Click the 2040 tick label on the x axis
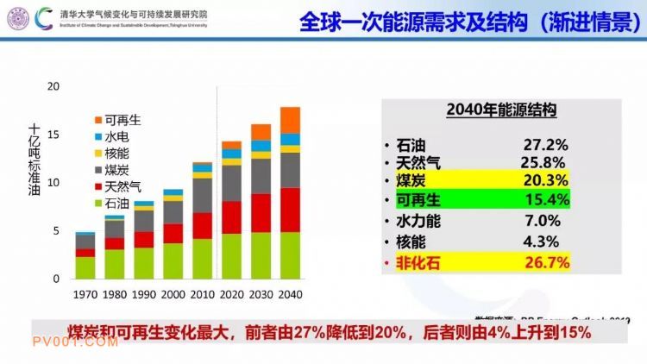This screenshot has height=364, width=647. point(290,295)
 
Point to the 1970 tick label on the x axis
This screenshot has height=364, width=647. point(85,295)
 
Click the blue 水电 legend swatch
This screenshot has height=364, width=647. point(97,136)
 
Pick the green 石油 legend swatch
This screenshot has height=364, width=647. point(97,204)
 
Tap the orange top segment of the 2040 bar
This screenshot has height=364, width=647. point(290,119)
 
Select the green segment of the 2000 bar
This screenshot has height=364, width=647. point(173,261)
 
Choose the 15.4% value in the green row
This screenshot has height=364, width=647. point(545,200)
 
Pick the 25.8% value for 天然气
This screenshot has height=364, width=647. point(542,162)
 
